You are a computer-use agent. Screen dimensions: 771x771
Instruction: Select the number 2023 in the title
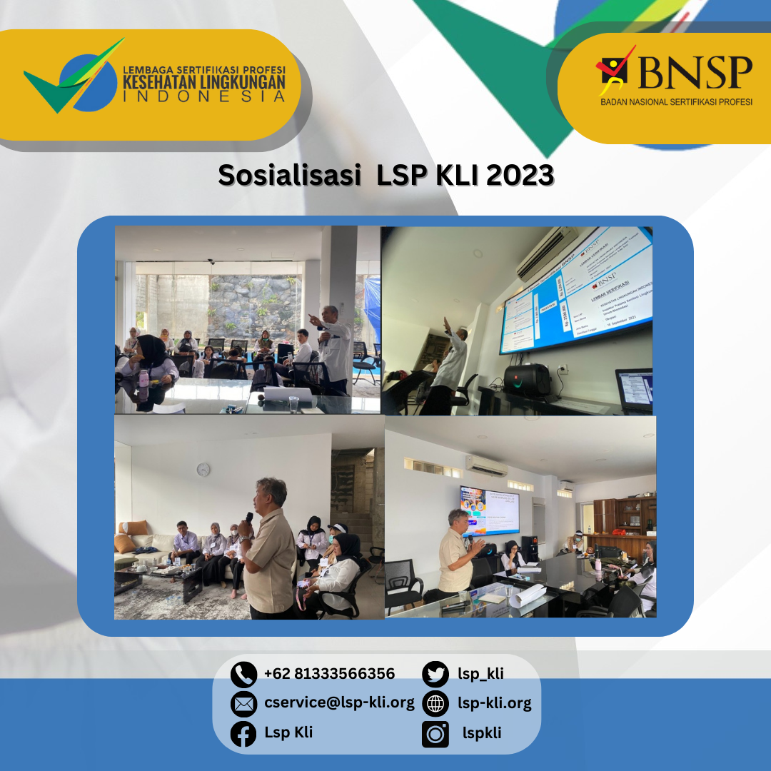[520, 175]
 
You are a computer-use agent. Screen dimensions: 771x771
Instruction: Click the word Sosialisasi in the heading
[289, 175]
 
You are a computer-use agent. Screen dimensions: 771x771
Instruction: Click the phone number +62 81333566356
[329, 674]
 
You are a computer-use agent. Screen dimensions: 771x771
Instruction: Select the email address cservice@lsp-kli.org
[339, 702]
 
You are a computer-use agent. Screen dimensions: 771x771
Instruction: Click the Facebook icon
[243, 733]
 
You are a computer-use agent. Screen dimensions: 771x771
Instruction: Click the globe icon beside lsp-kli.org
[435, 704]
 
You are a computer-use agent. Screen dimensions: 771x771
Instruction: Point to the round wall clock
[203, 470]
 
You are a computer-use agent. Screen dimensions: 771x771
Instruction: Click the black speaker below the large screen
[527, 381]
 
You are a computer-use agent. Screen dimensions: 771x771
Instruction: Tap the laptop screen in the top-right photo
[635, 390]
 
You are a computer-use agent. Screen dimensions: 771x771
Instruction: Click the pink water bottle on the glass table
[145, 385]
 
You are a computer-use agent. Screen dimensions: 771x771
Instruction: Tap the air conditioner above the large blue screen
[548, 253]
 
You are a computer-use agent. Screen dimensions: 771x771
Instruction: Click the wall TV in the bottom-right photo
[489, 511]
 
